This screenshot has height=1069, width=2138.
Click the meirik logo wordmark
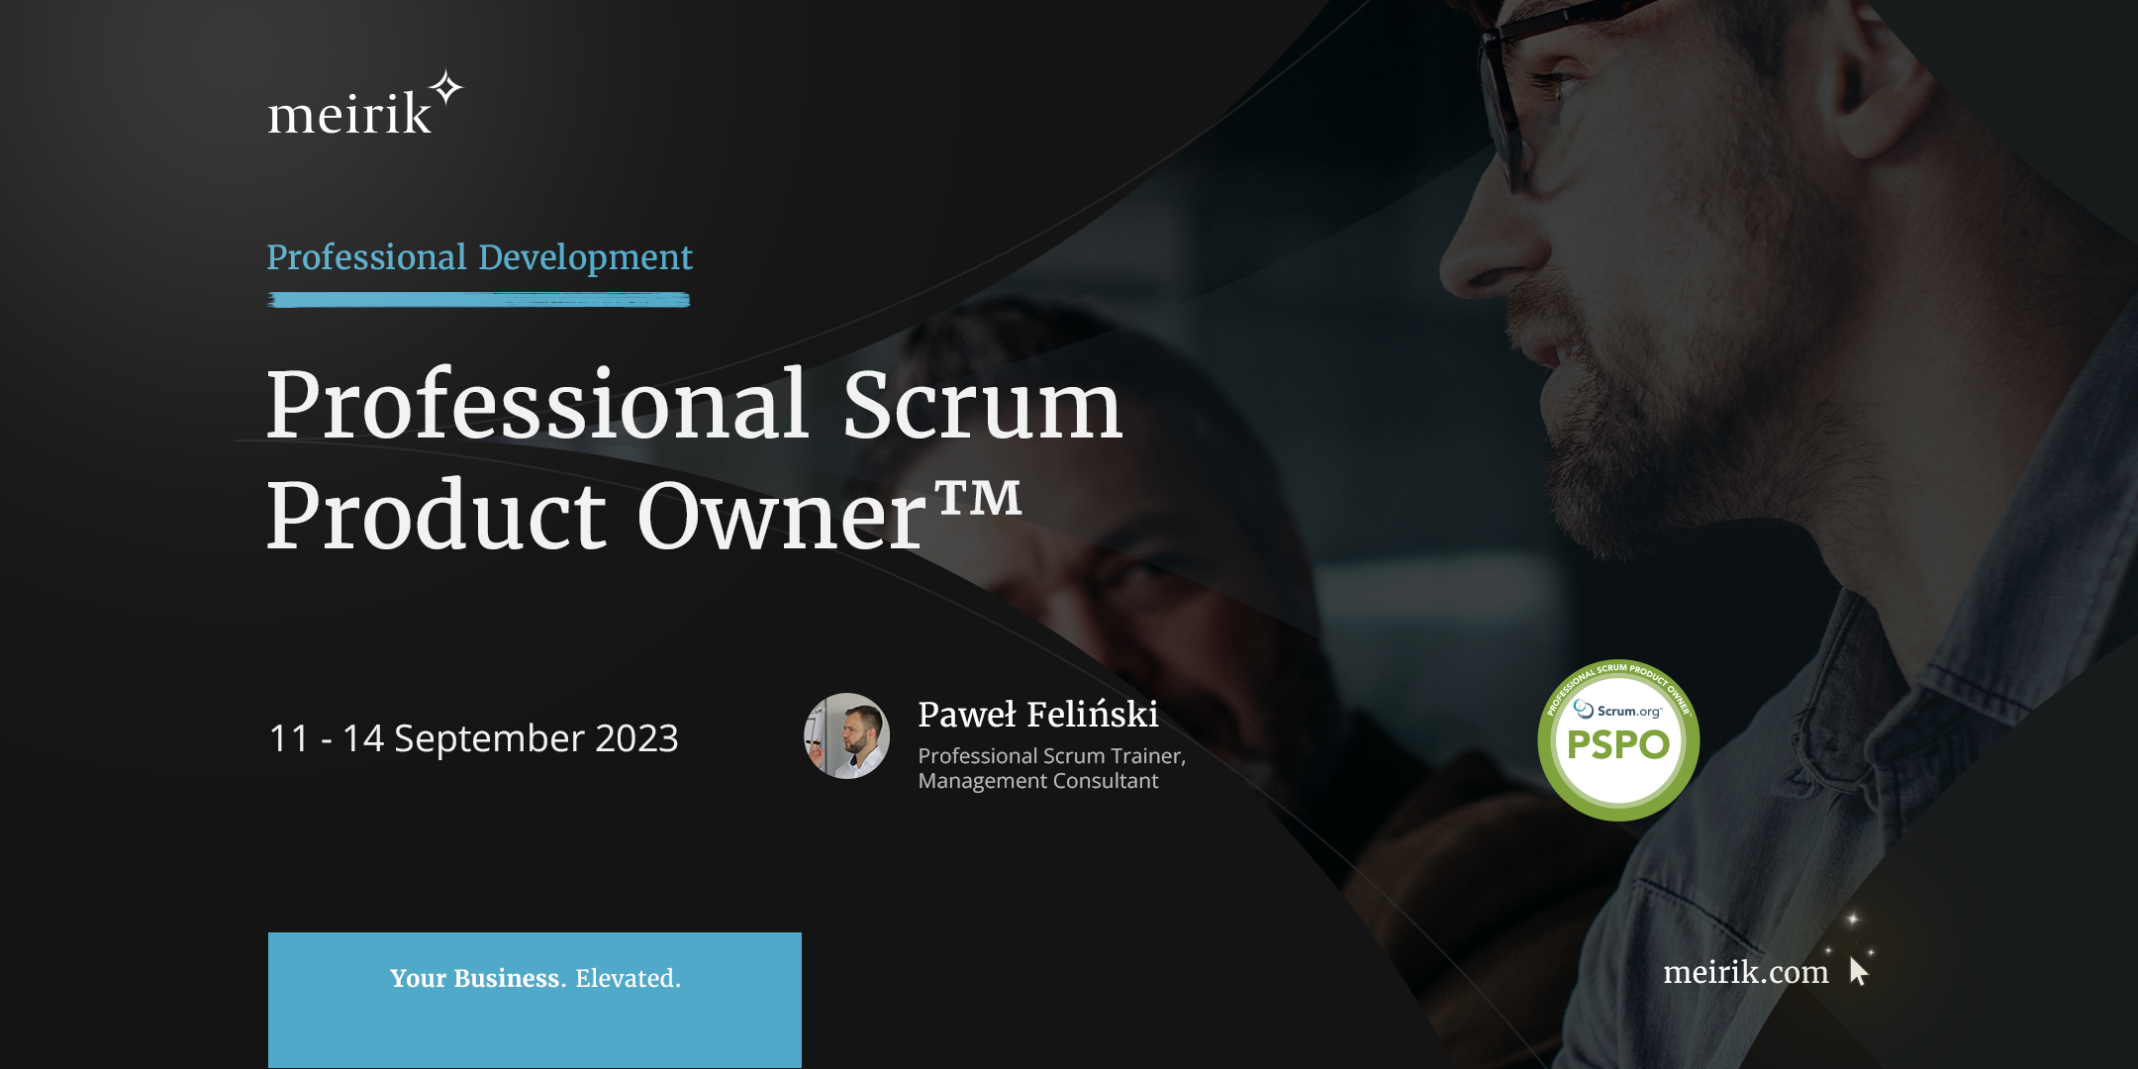coord(348,114)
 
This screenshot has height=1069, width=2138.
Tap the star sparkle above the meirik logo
coord(447,88)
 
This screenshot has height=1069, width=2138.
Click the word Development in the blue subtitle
coord(585,257)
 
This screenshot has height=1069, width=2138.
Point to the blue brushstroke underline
coord(478,300)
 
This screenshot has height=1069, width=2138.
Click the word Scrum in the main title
coord(982,405)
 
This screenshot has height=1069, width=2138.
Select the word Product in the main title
coord(436,516)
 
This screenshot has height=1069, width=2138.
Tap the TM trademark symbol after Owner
coord(978,497)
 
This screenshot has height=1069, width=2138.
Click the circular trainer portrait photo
coord(846,735)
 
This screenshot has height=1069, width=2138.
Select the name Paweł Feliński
coord(1037,714)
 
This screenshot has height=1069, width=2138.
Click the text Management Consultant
coord(1037,781)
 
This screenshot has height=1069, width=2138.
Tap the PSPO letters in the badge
coord(1618,744)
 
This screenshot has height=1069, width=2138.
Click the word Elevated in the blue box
coord(628,978)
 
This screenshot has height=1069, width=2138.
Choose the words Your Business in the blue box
coord(475,978)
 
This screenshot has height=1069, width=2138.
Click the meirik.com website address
coord(1745,972)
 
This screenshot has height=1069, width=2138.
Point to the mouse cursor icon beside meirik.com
coord(1858,971)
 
